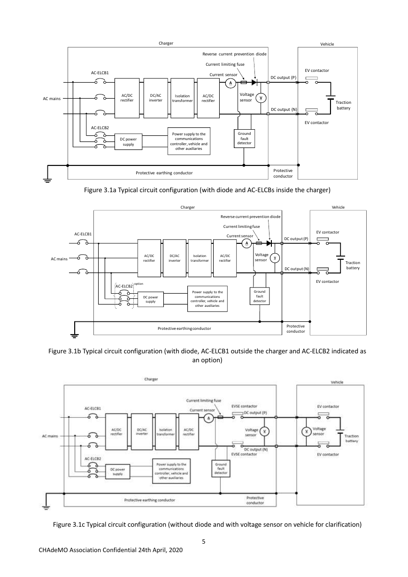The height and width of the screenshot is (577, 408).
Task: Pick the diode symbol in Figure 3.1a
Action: click(254, 82)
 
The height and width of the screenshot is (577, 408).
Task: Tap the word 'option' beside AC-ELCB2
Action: click(139, 284)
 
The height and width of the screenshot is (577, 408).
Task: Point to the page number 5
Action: click(204, 542)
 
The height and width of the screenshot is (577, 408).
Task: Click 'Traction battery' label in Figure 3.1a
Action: click(343, 105)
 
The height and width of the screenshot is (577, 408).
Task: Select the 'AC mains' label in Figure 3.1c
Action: click(50, 436)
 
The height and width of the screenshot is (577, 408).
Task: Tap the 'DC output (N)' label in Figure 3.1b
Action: click(297, 269)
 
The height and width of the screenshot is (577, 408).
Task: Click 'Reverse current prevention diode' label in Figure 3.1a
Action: click(234, 54)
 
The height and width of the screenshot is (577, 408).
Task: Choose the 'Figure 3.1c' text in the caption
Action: click(69, 524)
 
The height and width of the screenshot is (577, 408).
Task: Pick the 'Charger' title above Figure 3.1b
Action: click(187, 207)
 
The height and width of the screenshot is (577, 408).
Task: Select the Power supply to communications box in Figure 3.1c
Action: click(171, 471)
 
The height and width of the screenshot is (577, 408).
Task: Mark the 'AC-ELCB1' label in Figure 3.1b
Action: click(83, 234)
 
